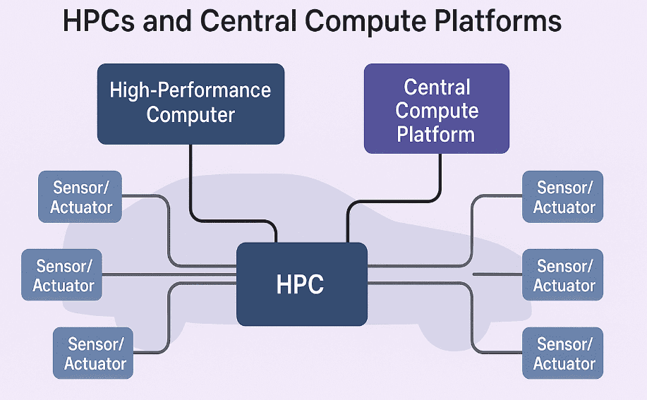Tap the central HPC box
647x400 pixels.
(301, 284)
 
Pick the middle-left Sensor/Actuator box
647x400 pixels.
(63, 275)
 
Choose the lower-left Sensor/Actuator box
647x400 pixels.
(95, 353)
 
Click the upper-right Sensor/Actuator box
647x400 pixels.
(564, 197)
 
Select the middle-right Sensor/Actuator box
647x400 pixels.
(564, 275)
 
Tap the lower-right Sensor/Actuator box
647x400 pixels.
(564, 353)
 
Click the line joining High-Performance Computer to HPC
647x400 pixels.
(191, 183)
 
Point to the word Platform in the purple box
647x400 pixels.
(436, 133)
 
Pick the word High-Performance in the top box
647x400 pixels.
(191, 90)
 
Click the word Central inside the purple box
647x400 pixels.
(437, 87)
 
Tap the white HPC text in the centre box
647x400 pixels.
(301, 284)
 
